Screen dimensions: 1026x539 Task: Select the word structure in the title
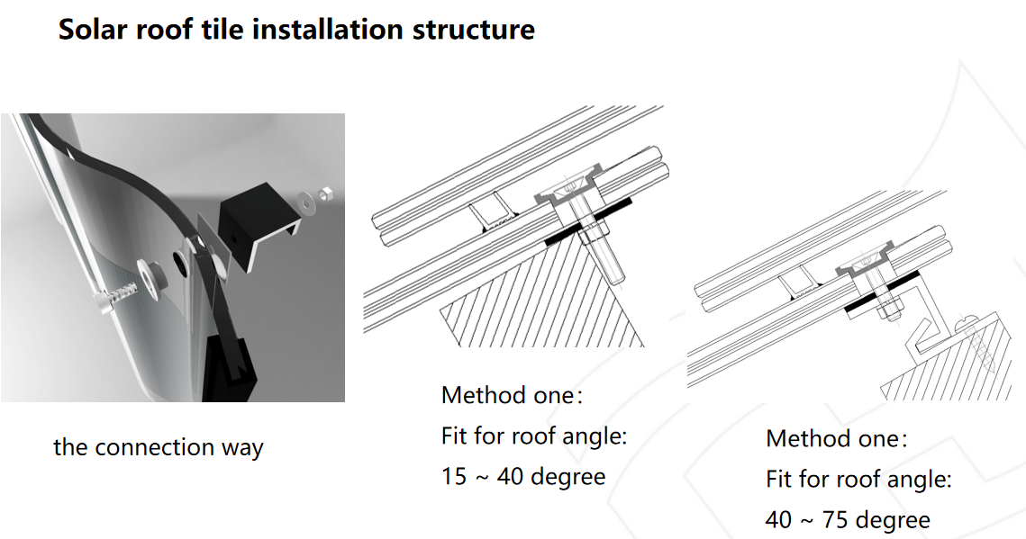[474, 30]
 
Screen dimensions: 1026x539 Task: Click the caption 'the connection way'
[159, 447]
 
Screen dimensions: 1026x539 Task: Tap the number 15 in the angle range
[453, 476]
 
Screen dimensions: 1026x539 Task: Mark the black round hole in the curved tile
[178, 259]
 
